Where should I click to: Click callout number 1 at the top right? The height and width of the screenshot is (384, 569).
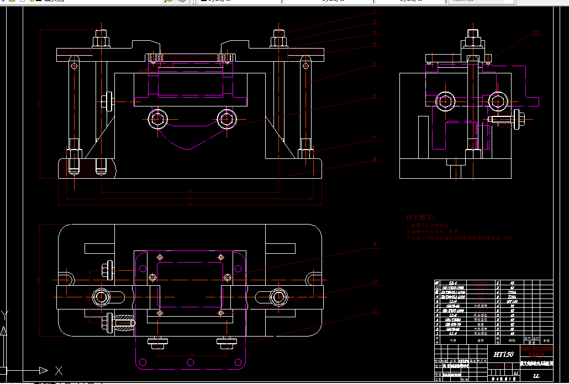coord(374,12)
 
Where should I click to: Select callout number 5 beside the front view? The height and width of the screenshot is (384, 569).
coord(374,65)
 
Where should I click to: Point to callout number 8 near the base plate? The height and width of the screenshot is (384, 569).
coord(374,159)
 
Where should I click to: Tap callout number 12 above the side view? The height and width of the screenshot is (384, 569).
coord(535,34)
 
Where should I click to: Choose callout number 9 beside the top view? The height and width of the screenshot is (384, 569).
coord(374,244)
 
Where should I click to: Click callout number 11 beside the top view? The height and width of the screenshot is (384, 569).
coord(374,311)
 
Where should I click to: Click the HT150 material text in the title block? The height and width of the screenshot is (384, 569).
coord(503,354)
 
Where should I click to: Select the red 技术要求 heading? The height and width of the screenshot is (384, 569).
coord(420,218)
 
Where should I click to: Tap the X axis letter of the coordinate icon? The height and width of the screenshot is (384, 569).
coord(59,370)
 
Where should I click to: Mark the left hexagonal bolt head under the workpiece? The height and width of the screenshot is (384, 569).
coord(158,118)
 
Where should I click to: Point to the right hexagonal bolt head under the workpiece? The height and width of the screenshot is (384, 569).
coord(226,118)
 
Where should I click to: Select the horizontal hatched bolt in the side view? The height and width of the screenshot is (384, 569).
coord(505,118)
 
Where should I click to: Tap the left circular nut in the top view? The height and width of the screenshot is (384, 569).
coord(101,297)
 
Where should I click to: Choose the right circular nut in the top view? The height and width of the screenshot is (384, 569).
coord(277,297)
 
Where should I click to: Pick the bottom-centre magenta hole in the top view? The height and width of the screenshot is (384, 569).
coord(191,362)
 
